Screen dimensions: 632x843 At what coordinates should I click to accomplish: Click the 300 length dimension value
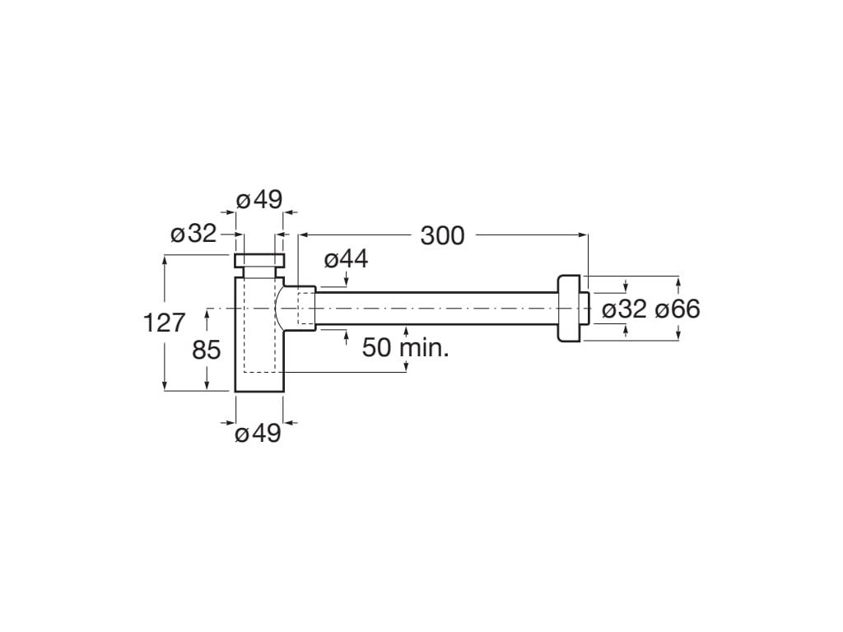pyautogui.click(x=442, y=235)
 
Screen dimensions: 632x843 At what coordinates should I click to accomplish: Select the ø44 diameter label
pyautogui.click(x=346, y=259)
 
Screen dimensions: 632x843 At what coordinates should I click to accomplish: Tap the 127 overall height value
pyautogui.click(x=165, y=323)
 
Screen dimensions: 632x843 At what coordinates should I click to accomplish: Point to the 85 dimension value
pyautogui.click(x=207, y=350)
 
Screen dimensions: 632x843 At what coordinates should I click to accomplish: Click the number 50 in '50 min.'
pyautogui.click(x=378, y=347)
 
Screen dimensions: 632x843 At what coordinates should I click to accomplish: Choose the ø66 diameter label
pyautogui.click(x=678, y=309)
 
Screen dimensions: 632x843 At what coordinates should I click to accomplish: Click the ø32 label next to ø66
pyautogui.click(x=624, y=309)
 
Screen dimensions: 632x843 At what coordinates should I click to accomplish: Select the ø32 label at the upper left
pyautogui.click(x=193, y=234)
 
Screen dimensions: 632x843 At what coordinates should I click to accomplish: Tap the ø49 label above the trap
pyautogui.click(x=259, y=200)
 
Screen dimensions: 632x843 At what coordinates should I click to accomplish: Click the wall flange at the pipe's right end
pyautogui.click(x=570, y=309)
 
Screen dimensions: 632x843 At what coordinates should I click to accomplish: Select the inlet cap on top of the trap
pyautogui.click(x=259, y=262)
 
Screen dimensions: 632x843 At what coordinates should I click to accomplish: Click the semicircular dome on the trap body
pyautogui.click(x=281, y=309)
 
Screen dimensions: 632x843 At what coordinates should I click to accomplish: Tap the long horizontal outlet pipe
pyautogui.click(x=436, y=309)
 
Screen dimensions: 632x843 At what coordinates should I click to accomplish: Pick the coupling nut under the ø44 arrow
pyautogui.click(x=303, y=309)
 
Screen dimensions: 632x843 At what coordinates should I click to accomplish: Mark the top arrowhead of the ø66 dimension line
pyautogui.click(x=678, y=282)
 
